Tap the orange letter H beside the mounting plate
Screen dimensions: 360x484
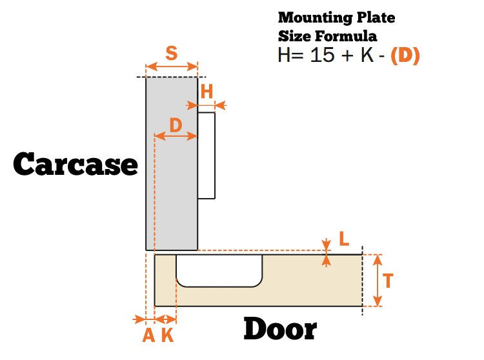[x=207, y=92]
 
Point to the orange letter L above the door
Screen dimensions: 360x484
[x=344, y=239]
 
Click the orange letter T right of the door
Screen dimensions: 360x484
[x=388, y=281]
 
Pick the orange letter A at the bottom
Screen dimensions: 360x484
[x=148, y=335]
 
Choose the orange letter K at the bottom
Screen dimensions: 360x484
[x=167, y=335]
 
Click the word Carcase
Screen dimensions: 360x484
[x=76, y=165]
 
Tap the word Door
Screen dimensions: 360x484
[x=280, y=330]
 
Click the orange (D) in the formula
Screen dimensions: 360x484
[x=405, y=55]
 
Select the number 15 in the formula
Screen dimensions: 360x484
[x=323, y=55]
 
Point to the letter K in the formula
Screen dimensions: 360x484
[x=367, y=55]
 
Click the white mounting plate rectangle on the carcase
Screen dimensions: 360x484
[x=206, y=155]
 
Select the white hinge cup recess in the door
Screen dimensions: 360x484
[x=219, y=270]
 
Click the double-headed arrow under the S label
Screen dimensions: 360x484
[x=172, y=66]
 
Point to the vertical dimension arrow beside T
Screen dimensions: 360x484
[x=378, y=280]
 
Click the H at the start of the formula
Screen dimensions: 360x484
[x=285, y=55]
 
